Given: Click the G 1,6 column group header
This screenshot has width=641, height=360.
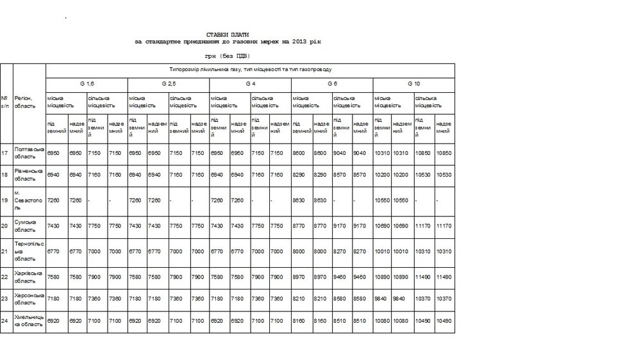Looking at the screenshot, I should tap(87, 84).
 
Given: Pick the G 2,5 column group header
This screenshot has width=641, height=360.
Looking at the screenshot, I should tap(169, 84).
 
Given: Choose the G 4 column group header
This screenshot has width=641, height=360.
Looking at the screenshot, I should tap(250, 84).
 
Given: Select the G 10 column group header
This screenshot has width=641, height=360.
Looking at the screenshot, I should tap(413, 84).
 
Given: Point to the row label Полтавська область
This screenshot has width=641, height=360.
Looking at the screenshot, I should tap(28, 152).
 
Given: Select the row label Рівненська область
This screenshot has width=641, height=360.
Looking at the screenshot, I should tap(28, 175).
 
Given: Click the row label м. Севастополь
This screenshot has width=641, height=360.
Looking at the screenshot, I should tap(28, 200).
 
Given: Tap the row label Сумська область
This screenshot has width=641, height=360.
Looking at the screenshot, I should tap(28, 225).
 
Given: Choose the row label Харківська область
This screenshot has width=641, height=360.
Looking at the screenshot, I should tap(28, 277).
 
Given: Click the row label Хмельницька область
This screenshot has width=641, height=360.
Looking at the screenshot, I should tap(28, 320).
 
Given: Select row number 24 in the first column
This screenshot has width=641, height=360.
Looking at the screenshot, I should tap(5, 320).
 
